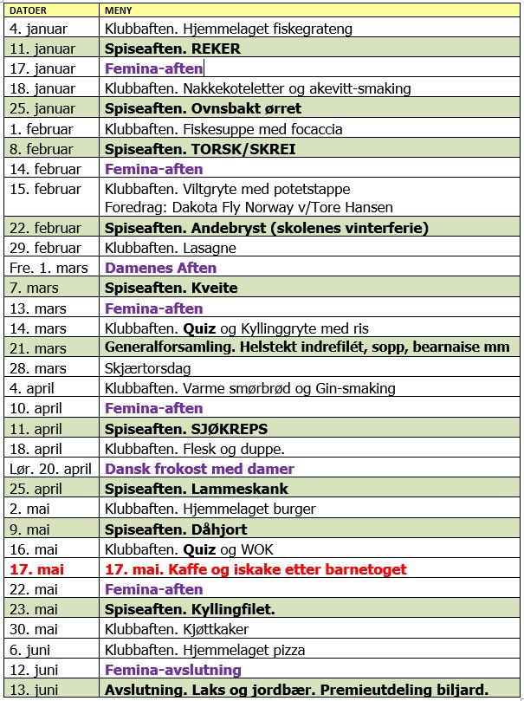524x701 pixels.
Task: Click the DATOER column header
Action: [27, 10]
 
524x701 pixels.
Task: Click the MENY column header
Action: [118, 10]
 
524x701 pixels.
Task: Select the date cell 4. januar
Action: [39, 29]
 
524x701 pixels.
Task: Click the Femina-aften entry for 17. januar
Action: [153, 68]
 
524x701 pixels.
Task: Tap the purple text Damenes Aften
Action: [160, 268]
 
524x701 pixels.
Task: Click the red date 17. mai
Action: [35, 569]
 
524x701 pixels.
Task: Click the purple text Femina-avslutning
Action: [172, 670]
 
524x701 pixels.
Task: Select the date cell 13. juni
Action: [35, 690]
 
